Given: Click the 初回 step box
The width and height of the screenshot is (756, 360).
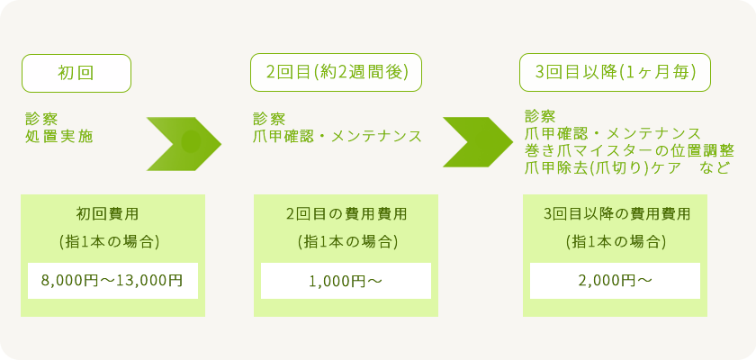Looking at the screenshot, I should coord(76,74).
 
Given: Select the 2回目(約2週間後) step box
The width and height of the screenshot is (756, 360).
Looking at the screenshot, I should coord(337,74).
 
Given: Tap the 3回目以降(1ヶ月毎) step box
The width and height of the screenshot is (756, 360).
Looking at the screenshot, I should coord(616,74).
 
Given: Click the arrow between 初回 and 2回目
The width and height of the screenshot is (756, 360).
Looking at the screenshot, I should coord(184,142).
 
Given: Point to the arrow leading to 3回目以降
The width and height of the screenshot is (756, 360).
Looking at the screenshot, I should coord(478,142).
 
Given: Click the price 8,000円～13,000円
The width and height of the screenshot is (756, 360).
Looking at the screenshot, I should coord(112,281).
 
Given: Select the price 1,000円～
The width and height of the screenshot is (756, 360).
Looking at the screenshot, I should coord(346,281).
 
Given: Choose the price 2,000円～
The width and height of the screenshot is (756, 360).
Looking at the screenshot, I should coord(615,281).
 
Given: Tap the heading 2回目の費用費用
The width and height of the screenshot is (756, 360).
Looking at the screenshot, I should coord(346,214).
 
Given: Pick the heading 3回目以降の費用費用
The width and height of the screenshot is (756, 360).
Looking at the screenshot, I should coord(616,214).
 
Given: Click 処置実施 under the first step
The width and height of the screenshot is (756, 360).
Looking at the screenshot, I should coord(59,137).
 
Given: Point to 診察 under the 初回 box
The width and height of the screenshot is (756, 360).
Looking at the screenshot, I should coord(42,119).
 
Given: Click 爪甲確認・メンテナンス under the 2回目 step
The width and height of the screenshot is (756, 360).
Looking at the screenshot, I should coord(337,137).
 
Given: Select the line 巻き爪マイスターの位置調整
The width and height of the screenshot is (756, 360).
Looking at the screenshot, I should coord(629,151).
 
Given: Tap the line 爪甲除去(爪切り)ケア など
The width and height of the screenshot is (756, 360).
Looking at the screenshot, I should coord(626,168).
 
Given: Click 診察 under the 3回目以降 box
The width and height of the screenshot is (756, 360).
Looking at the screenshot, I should coord(540,117).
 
